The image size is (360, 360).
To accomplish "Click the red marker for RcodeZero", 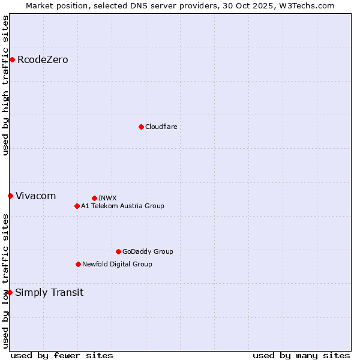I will (x=12, y=59).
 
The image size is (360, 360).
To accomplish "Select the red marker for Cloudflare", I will (x=141, y=127).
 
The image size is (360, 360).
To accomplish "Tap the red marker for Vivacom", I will (x=10, y=196).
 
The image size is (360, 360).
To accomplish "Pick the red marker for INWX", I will (x=94, y=198).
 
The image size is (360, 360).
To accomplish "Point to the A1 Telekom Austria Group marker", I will (x=77, y=206).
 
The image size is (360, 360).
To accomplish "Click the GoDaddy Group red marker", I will (x=118, y=251).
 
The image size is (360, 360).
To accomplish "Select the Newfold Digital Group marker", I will (x=78, y=264).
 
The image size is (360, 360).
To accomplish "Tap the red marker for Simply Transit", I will (x=10, y=292).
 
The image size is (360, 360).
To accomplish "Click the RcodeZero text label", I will (x=43, y=59).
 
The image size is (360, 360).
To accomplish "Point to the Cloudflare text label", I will (x=161, y=127).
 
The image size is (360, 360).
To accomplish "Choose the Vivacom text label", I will (x=35, y=196).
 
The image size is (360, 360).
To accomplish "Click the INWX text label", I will (x=107, y=198).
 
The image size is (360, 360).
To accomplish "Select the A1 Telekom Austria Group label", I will (x=122, y=206).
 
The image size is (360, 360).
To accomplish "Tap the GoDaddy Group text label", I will (x=148, y=251).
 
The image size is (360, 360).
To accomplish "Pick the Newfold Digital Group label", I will (x=117, y=264).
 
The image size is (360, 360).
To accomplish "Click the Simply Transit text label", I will (x=49, y=292).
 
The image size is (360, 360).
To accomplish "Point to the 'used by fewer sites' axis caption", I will (x=62, y=355).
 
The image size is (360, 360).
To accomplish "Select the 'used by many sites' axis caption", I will (x=301, y=355).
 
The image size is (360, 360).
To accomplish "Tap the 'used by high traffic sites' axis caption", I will (x=5, y=85).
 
